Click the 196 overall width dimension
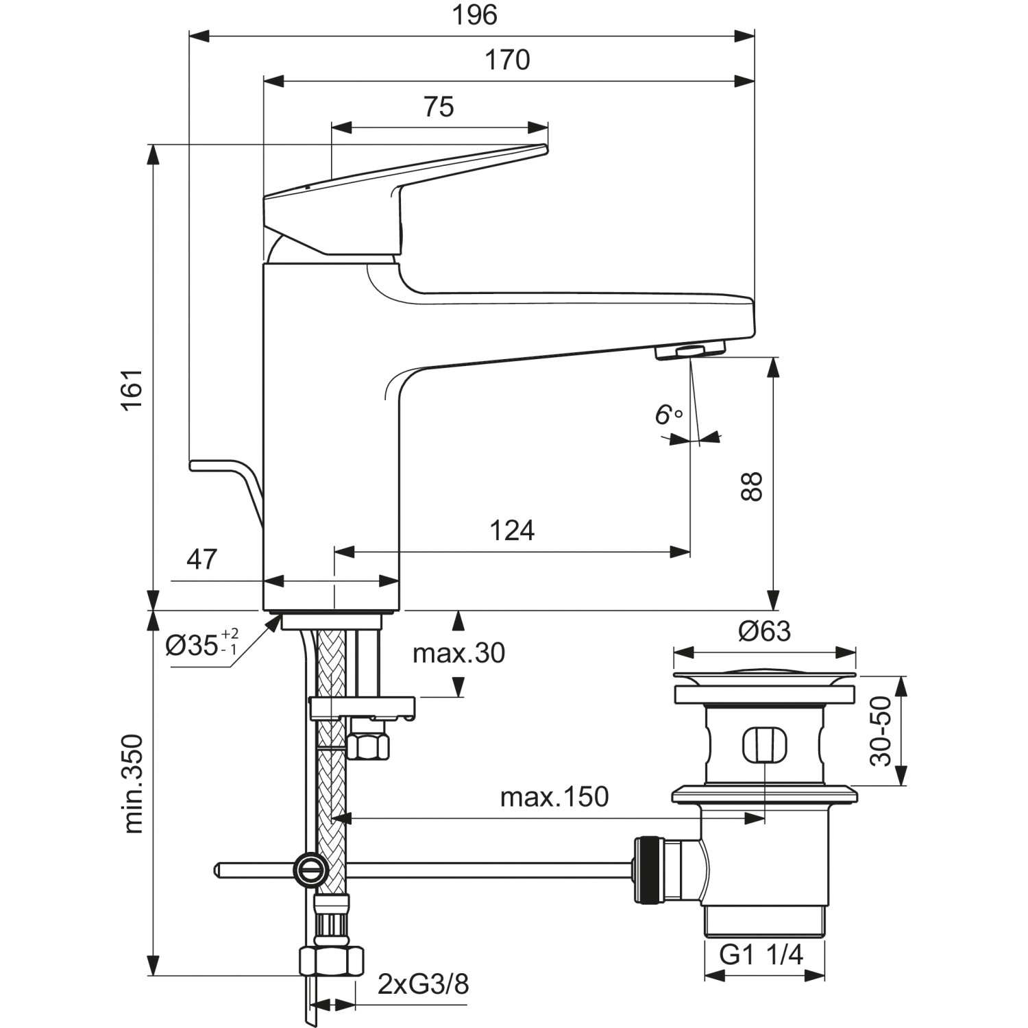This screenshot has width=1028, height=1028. [x=474, y=15]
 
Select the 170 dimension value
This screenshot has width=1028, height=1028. [x=507, y=60]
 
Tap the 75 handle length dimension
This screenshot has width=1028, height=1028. [x=439, y=107]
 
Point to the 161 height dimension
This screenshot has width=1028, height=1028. [x=132, y=389]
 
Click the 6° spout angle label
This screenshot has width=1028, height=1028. [x=668, y=415]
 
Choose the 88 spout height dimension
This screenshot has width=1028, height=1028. [x=752, y=487]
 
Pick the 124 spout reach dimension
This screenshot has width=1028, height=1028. [x=512, y=530]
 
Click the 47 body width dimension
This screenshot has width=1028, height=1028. [x=201, y=559]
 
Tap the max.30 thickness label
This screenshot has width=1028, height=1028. [x=458, y=653]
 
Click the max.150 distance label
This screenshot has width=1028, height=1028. [x=554, y=797]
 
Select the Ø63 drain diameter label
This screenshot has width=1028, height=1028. [x=764, y=631]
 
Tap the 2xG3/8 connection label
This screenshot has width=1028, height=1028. [x=423, y=984]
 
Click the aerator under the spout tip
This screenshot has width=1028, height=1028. [x=690, y=352]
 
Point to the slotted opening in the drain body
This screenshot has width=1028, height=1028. [x=764, y=744]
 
